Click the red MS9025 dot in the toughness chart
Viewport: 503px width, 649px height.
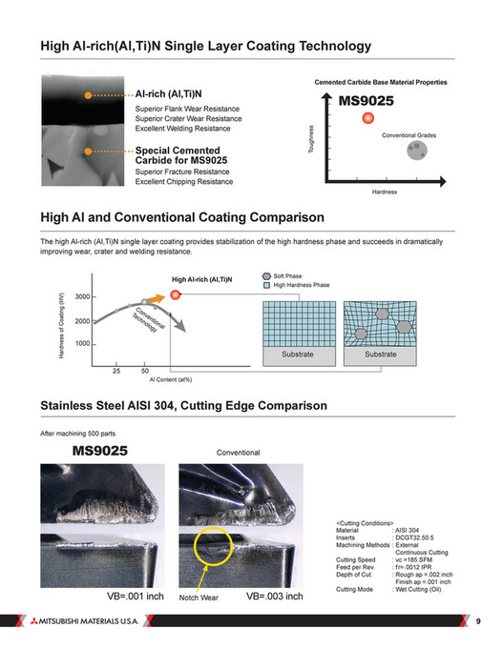[x=367, y=119]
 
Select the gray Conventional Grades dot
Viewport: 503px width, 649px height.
[x=413, y=151]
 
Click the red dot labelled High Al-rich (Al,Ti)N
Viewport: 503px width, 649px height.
[x=176, y=295]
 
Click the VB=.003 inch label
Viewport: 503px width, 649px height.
[x=275, y=597]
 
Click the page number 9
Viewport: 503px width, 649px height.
[x=478, y=622]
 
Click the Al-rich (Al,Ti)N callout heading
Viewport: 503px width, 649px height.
[x=168, y=93]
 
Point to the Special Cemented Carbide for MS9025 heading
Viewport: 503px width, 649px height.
[x=181, y=155]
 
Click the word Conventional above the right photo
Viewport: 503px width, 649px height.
[x=239, y=452]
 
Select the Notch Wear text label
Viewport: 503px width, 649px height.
[x=201, y=598]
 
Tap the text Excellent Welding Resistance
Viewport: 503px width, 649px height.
[x=182, y=128]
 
